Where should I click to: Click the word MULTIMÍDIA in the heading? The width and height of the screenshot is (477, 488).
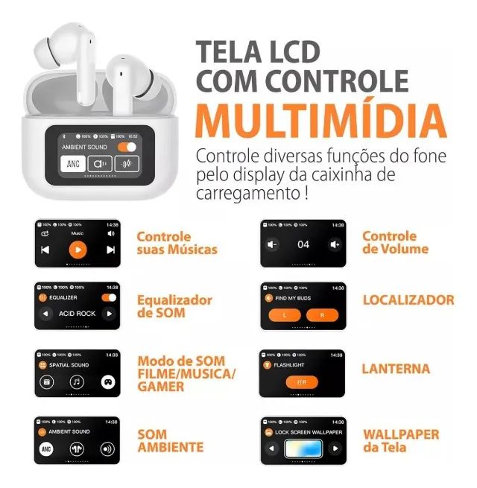point(321,119)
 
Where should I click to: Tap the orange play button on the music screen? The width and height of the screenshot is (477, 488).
point(78,250)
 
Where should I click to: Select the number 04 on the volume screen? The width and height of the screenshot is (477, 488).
point(303,244)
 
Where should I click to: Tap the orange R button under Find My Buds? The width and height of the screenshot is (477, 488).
point(323,315)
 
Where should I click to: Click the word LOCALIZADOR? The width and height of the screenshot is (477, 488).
point(408,300)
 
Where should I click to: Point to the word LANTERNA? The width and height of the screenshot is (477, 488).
point(396,369)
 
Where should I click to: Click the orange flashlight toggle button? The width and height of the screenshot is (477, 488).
point(303,381)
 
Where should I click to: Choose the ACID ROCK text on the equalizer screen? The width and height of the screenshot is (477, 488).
point(78,314)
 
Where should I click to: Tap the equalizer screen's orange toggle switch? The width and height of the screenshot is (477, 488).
point(109,297)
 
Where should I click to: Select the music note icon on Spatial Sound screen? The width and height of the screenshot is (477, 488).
point(77,382)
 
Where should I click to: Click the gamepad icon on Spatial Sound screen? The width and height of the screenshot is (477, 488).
point(108,382)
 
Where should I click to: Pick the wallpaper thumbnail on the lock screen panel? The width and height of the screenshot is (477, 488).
point(303,449)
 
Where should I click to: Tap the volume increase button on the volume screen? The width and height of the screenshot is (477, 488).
point(335,244)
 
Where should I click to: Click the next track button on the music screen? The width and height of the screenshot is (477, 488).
point(110,250)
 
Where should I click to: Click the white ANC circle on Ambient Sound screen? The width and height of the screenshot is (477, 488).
point(46,450)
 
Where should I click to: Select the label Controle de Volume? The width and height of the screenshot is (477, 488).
point(389,243)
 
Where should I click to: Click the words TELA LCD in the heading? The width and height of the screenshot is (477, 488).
point(257,52)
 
